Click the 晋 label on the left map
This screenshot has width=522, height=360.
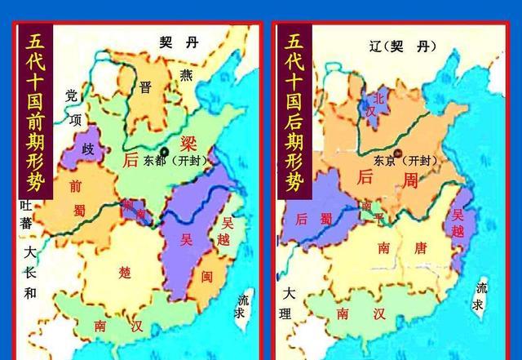pyautogui.click(x=145, y=88)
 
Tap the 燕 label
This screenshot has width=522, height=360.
pyautogui.click(x=187, y=77)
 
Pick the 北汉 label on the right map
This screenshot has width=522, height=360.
pyautogui.click(x=372, y=100)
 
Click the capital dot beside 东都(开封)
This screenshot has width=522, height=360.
pyautogui.click(x=166, y=152)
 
